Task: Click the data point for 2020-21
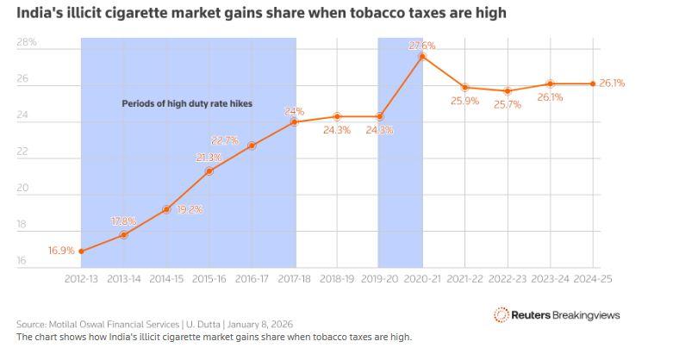pos(422,57)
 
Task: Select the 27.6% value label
pos(421,45)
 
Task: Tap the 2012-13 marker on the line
pos(81,251)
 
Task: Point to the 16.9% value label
pos(60,251)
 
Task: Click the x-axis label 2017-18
pos(295,279)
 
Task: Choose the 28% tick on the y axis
pos(27,42)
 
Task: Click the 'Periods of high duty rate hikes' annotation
pos(174,103)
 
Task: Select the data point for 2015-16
pos(209,171)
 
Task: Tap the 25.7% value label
pos(507,104)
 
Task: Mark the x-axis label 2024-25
pos(593,279)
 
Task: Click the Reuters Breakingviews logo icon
pos(501,315)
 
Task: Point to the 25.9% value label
pos(464,101)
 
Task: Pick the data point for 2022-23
pos(508,91)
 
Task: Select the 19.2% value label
pos(189,208)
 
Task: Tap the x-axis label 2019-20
pos(379,279)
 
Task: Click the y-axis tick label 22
pos(22,152)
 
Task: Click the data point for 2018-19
pos(337,116)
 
